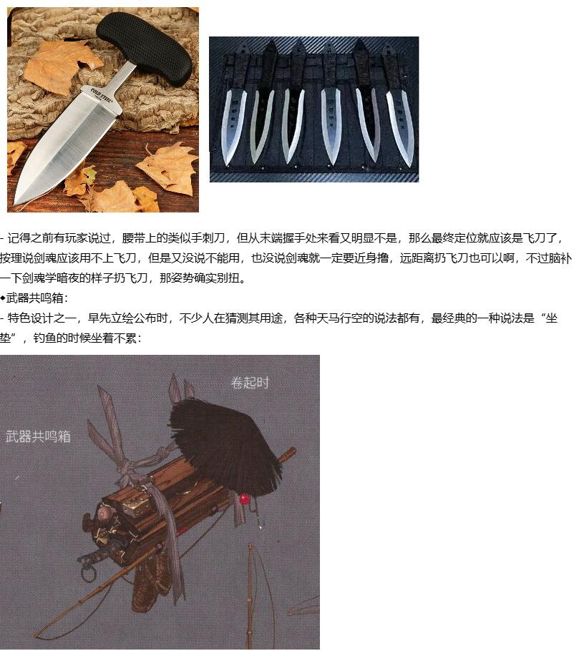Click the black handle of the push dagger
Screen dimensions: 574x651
[145, 48]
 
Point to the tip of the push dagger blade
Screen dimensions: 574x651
[16, 204]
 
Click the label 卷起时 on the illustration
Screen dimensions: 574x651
[250, 383]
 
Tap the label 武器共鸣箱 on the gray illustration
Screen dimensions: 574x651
[38, 436]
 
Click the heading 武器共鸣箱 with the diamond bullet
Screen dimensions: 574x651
[34, 298]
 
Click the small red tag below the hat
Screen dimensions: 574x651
[244, 498]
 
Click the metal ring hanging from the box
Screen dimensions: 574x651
[87, 574]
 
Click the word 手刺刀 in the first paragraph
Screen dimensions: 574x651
[208, 238]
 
